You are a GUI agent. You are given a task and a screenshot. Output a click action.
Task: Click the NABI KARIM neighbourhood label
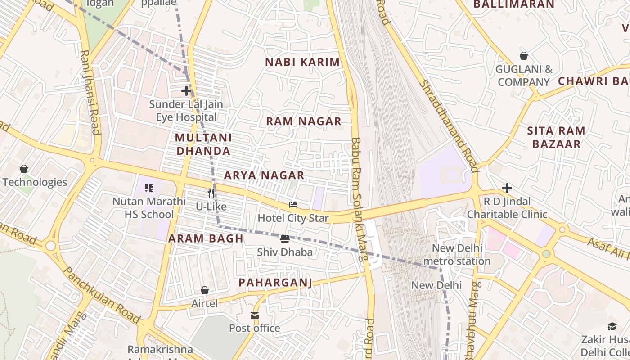(x=302, y=62)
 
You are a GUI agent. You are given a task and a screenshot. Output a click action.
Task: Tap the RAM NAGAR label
(x=304, y=121)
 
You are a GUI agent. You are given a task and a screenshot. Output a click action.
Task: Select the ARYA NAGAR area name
(x=264, y=175)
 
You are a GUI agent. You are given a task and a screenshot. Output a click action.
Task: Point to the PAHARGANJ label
(x=275, y=282)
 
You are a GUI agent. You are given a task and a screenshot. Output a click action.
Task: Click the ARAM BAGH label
(x=206, y=238)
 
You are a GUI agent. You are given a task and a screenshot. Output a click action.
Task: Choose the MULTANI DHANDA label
(x=203, y=144)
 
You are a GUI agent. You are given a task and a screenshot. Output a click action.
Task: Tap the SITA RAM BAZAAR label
(x=556, y=137)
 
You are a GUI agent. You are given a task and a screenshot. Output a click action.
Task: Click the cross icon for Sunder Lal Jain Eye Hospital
(x=186, y=91)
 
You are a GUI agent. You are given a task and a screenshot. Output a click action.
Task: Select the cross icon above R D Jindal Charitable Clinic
(x=507, y=188)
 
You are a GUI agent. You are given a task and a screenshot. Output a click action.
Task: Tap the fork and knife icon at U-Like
(x=211, y=193)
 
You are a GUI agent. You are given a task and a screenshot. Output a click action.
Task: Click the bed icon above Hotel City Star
(x=293, y=205)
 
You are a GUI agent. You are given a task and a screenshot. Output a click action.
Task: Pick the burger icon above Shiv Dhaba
(x=284, y=239)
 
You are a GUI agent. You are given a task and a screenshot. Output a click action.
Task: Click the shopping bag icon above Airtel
(x=205, y=290)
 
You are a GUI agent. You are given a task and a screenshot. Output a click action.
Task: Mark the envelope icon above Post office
(x=255, y=315)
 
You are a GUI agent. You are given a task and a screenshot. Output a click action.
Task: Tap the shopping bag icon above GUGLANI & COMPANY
(x=524, y=56)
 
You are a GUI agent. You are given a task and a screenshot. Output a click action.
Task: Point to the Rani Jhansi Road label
(x=90, y=92)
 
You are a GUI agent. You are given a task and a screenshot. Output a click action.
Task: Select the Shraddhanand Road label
(x=448, y=126)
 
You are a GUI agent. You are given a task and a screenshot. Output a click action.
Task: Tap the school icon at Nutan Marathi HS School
(x=149, y=188)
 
